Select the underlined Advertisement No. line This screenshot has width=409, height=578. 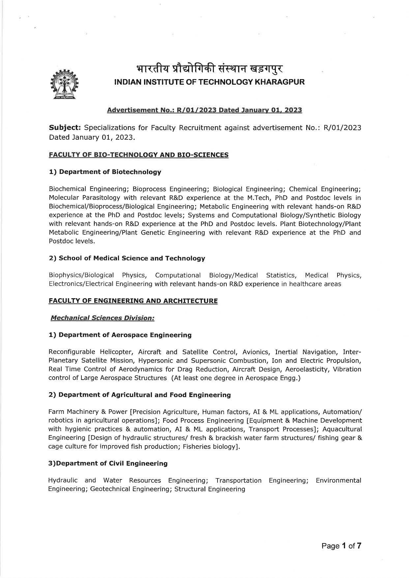204,110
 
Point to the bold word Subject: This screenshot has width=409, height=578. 65,128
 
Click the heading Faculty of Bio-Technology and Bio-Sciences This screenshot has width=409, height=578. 138,155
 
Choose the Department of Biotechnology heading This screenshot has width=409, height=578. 105,172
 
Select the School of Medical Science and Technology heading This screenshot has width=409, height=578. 127,258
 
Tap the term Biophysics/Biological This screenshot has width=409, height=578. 81,275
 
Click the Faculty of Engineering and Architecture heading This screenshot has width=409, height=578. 133,301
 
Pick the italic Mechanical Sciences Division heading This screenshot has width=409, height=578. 102,318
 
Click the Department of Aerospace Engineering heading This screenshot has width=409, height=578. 120,335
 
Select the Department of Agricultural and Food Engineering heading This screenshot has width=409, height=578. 139,395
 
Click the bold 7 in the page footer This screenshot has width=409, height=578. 359,546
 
